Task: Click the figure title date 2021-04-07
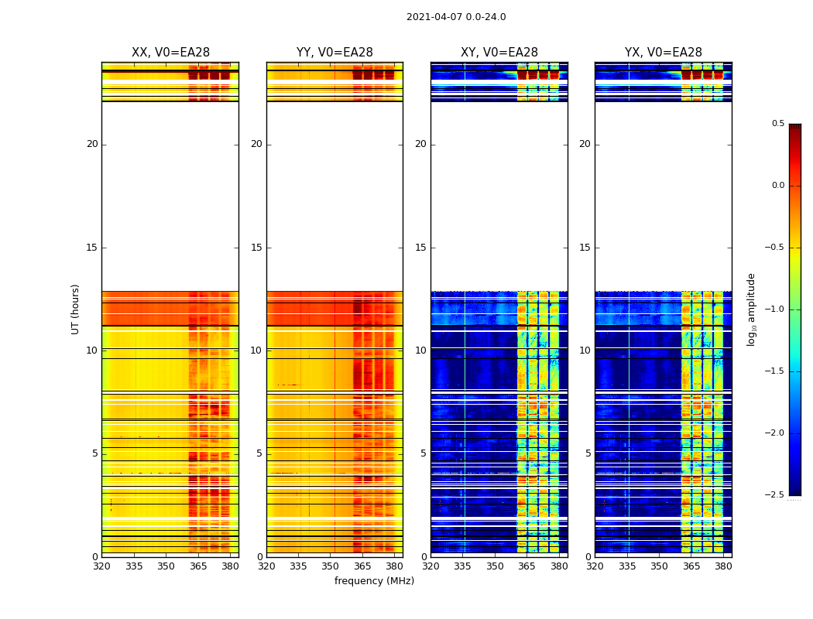coord(455,17)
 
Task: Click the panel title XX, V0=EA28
coord(170,53)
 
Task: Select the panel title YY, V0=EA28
coord(334,53)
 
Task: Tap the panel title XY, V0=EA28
coord(499,53)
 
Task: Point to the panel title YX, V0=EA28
coord(664,53)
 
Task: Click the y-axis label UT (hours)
coord(76,309)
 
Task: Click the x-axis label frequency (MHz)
coord(374,581)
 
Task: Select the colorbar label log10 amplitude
coord(751,309)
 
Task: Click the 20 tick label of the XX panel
coord(92,144)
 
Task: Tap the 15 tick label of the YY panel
coord(256,248)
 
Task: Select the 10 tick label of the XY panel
coord(420,351)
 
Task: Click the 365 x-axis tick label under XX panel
coord(198,566)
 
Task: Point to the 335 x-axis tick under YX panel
coord(627,566)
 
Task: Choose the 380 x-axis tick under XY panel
coord(559,566)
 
